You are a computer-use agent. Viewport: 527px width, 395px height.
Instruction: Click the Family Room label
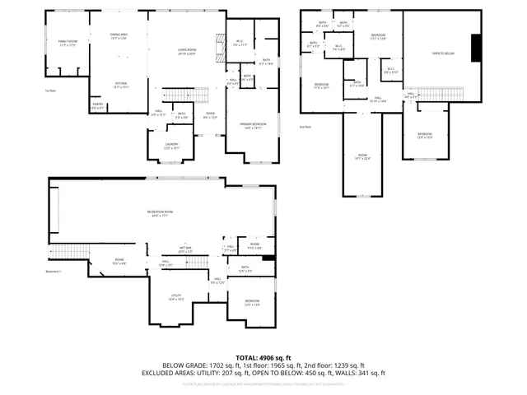pyautogui.click(x=68, y=43)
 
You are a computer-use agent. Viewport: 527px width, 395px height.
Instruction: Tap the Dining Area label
pyautogui.click(x=119, y=36)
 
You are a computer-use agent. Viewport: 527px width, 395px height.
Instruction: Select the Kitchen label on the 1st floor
pyautogui.click(x=120, y=85)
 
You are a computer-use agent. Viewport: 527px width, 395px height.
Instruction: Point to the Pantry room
pyautogui.click(x=97, y=106)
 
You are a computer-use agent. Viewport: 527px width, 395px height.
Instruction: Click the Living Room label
pyautogui.click(x=188, y=52)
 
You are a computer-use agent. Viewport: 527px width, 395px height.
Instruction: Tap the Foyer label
pyautogui.click(x=210, y=116)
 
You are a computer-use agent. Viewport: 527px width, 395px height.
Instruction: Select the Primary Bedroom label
pyautogui.click(x=253, y=125)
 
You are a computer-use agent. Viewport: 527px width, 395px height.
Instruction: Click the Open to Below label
pyautogui.click(x=443, y=53)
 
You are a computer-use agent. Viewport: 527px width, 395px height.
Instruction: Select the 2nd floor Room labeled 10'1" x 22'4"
pyautogui.click(x=362, y=156)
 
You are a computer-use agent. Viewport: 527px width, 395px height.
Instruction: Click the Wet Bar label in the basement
pyautogui.click(x=185, y=249)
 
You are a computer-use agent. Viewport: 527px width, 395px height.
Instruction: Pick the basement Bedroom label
pyautogui.click(x=252, y=303)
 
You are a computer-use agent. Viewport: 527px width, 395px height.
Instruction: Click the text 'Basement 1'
pyautogui.click(x=54, y=272)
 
